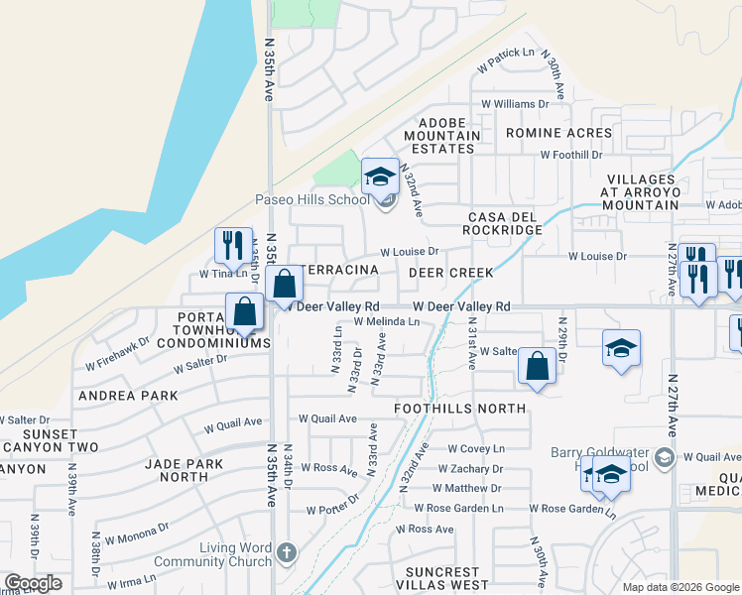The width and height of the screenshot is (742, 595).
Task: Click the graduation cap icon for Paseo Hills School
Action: point(379,178)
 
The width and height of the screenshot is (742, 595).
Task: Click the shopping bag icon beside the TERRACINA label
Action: point(284,285)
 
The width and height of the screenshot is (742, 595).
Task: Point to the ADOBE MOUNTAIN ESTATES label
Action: point(442,140)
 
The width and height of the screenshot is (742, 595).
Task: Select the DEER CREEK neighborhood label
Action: point(430,271)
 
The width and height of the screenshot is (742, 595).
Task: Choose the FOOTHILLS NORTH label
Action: point(459,408)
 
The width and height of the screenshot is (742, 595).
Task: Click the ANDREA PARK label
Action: point(135,395)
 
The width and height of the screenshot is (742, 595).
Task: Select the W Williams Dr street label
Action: point(516,103)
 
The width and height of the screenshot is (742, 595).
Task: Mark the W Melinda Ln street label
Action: point(387,321)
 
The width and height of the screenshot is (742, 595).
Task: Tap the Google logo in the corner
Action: point(33,583)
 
